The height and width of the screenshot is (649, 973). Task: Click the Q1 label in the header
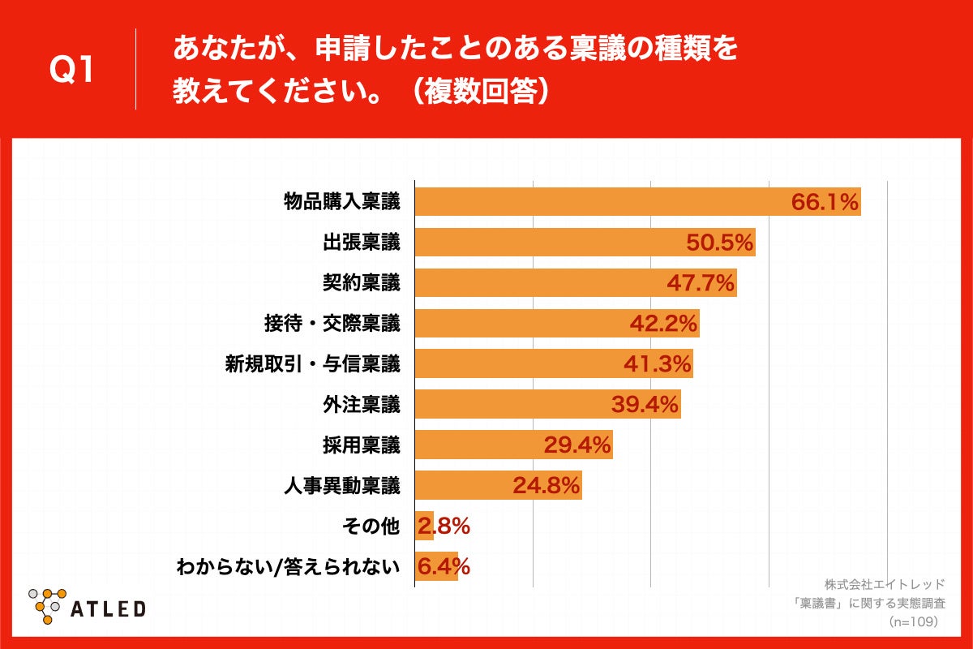pyautogui.click(x=72, y=71)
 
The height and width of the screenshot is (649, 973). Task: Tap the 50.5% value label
pyautogui.click(x=721, y=243)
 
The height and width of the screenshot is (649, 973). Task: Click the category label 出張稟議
pyautogui.click(x=361, y=243)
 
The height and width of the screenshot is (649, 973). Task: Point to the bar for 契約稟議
pyautogui.click(x=576, y=283)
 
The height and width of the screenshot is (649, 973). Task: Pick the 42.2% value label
pyautogui.click(x=664, y=324)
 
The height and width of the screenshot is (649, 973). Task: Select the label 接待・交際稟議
pyautogui.click(x=332, y=324)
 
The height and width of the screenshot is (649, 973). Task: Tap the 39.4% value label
pyautogui.click(x=645, y=405)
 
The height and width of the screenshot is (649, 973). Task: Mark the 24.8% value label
pyautogui.click(x=547, y=486)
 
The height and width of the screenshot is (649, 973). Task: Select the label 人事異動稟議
pyautogui.click(x=341, y=486)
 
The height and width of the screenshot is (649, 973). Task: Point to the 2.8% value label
pyautogui.click(x=444, y=527)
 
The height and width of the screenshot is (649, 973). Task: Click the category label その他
pyautogui.click(x=371, y=527)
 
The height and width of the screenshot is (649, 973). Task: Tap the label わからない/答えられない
pyautogui.click(x=288, y=567)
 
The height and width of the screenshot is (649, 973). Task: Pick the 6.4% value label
pyautogui.click(x=444, y=567)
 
